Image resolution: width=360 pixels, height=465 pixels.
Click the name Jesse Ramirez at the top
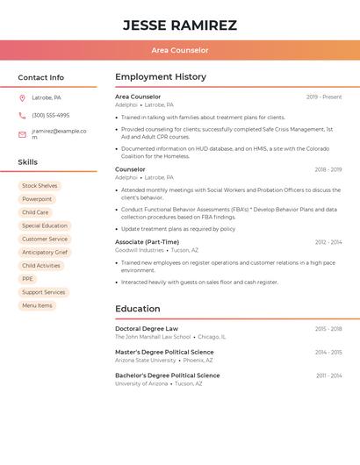coord(179,25)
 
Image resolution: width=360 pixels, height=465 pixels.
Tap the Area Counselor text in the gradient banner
coord(179,51)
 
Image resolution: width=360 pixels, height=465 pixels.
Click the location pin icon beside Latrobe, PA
coord(22,97)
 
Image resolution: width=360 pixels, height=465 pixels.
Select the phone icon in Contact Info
coord(22,115)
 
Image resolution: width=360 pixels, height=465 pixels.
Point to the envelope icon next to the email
coord(22,134)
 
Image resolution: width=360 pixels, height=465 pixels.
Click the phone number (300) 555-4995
coord(50,115)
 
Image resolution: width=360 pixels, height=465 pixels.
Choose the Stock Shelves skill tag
coord(40,186)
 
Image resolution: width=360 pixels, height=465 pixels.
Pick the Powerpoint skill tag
coord(37,199)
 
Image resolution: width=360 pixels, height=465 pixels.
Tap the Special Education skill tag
coord(45,225)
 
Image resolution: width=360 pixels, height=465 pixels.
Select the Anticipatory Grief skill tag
coord(45,252)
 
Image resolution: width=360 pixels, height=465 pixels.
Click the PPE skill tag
coord(27,279)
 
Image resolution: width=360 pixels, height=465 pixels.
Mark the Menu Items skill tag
coord(37,305)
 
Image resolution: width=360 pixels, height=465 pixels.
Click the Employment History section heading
coord(160,77)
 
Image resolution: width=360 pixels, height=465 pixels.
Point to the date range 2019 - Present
coord(324,97)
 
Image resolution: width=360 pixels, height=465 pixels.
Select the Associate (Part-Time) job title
coord(147,242)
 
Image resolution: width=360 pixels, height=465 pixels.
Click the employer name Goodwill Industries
coord(139,250)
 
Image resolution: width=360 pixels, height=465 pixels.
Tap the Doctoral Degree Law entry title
coord(146,328)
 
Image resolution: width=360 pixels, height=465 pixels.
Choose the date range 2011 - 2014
coord(328,376)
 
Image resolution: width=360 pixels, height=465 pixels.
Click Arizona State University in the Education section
coord(145,360)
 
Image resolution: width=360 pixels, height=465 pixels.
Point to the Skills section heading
coord(27,162)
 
